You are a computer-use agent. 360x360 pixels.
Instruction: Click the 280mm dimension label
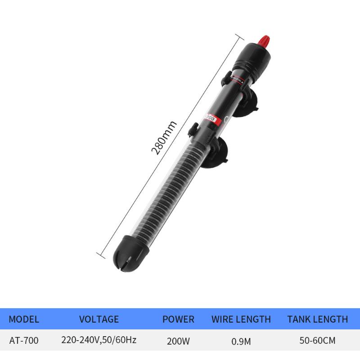(164, 137)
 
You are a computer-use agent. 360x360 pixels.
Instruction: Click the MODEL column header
(24, 319)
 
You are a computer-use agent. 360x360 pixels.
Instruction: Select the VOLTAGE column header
(99, 319)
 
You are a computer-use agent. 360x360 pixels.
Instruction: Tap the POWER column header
(178, 319)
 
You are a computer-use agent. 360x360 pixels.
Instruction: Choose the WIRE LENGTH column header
(241, 319)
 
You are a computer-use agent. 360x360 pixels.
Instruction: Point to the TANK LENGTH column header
(317, 319)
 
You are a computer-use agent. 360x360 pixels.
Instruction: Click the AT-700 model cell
(24, 341)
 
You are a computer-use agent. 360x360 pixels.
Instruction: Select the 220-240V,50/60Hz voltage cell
(99, 341)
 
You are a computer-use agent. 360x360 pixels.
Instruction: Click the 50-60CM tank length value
(317, 341)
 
